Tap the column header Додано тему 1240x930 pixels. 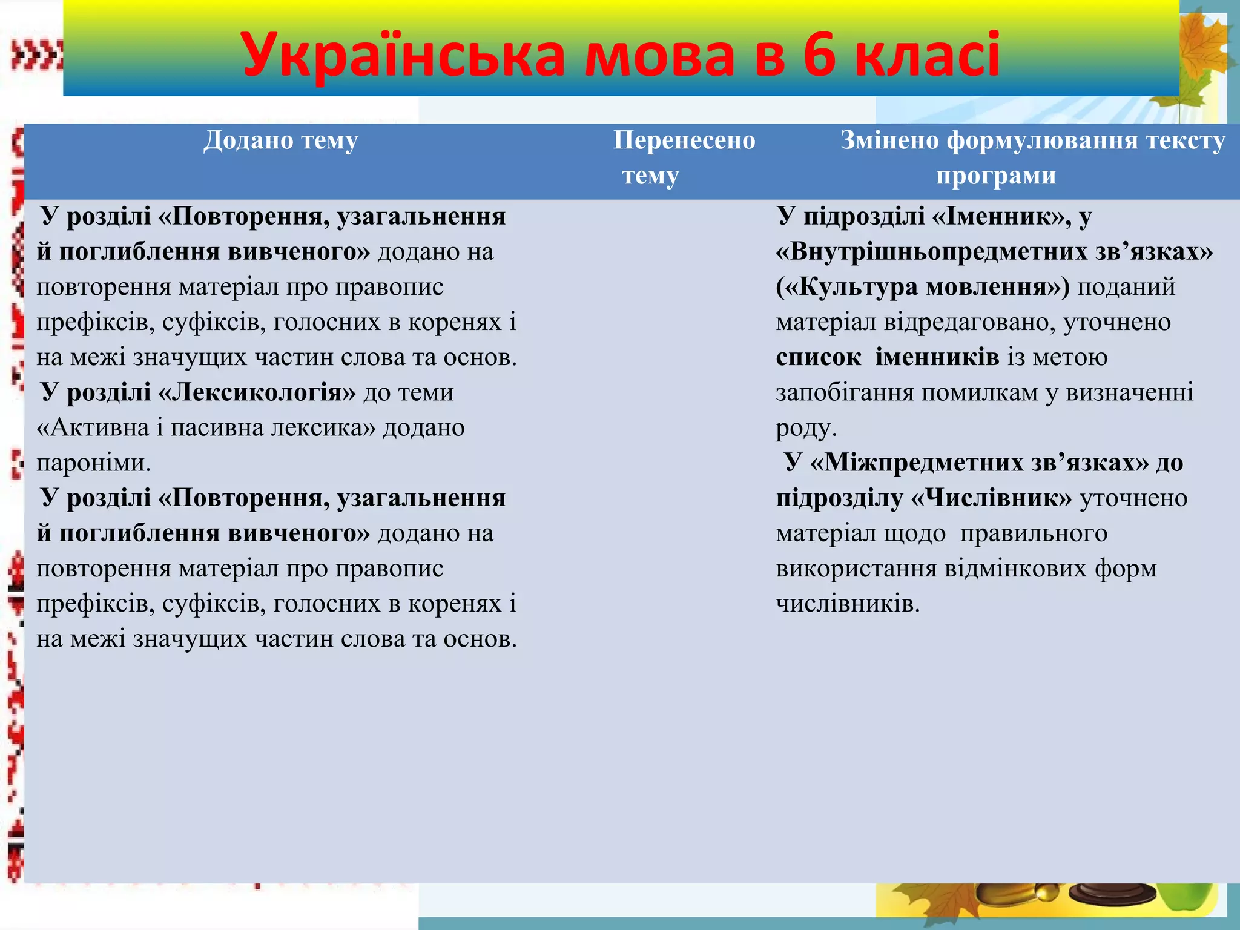coord(280,140)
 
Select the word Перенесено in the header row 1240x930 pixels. coord(684,140)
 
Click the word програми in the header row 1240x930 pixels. coord(995,176)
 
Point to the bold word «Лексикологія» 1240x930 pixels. coord(257,392)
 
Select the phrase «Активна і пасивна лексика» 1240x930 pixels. coord(206,428)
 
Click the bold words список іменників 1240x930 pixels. coord(887,357)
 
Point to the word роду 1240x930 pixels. coord(805,428)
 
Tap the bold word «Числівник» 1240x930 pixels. coord(991,498)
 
